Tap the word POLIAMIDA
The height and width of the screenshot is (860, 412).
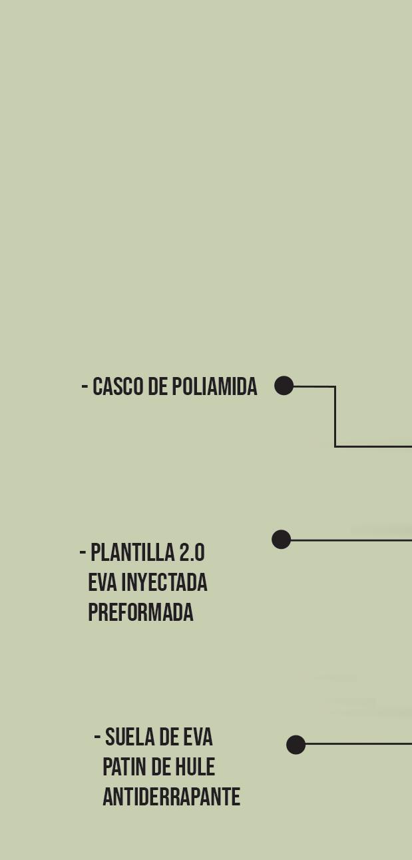pos(214,387)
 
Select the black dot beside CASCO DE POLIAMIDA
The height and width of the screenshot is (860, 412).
pos(284,386)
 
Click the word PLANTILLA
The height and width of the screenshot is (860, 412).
pos(132,553)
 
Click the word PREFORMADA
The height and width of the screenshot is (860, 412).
pos(140,613)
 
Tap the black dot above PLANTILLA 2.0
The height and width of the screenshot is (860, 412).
pos(282,540)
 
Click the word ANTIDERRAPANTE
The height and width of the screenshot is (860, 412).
pos(171,797)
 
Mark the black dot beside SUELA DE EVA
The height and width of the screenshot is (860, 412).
pos(296,745)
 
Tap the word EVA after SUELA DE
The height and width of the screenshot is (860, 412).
pos(197,737)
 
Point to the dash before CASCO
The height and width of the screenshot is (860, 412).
pos(85,386)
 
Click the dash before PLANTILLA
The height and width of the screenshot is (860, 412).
pos(83,552)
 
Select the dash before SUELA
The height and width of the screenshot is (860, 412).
pos(97,737)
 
